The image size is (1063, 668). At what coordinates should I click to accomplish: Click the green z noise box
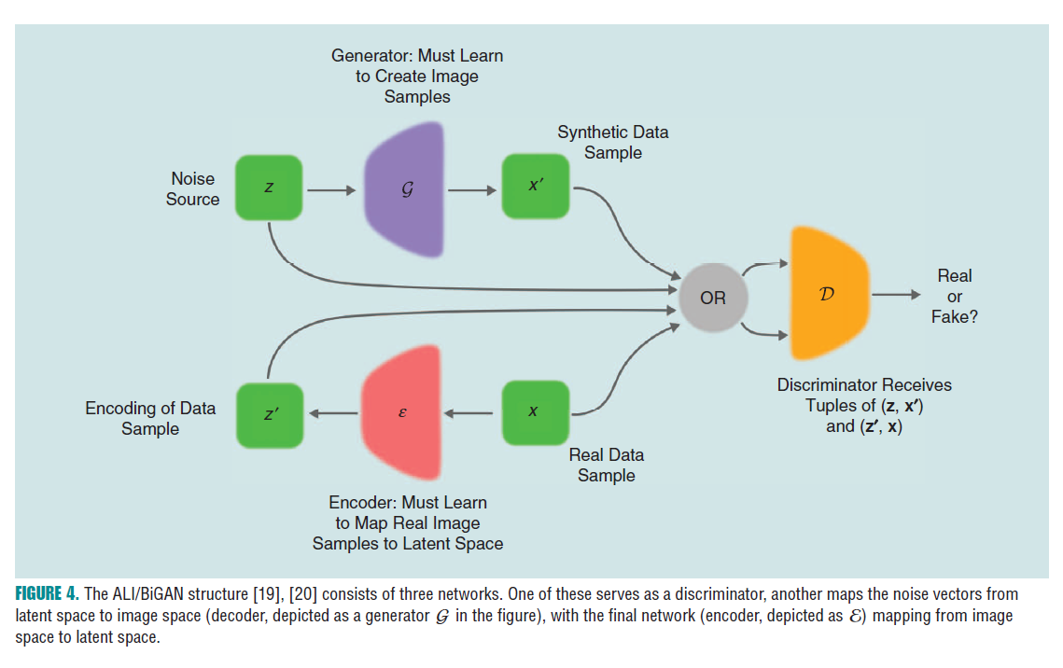[269, 188]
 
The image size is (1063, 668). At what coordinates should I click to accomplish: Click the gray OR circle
[713, 299]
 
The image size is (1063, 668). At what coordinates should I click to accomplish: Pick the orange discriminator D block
[827, 293]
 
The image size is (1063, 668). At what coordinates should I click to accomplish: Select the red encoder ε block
[401, 411]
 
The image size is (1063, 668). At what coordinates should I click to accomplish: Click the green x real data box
[536, 411]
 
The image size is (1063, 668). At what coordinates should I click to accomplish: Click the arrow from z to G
[331, 190]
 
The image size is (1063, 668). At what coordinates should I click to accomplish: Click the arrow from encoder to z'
[333, 413]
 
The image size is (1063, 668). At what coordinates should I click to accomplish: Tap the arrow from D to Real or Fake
[895, 295]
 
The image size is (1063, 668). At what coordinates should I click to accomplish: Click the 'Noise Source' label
[193, 188]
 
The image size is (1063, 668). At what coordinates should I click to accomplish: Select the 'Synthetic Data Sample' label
[613, 143]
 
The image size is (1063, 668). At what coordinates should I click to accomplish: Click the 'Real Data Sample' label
[607, 465]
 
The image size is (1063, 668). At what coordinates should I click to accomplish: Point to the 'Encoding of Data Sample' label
[150, 418]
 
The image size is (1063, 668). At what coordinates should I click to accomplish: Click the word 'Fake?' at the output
[954, 317]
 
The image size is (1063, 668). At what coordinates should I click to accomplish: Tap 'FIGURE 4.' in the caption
[46, 594]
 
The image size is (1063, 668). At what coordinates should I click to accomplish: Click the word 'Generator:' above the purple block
[372, 56]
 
